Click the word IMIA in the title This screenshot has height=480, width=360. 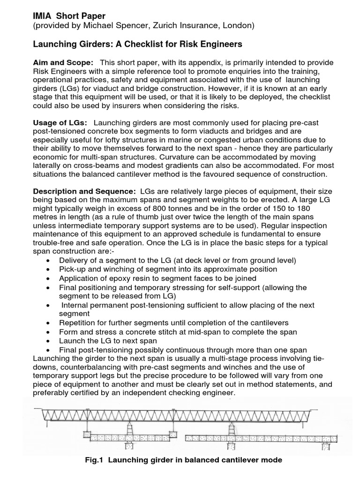click(41, 16)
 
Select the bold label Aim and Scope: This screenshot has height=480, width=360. click(63, 63)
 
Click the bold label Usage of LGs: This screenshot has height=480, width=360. click(60, 122)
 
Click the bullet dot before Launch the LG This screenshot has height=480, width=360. click(50, 341)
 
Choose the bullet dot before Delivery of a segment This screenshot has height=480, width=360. click(50, 261)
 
